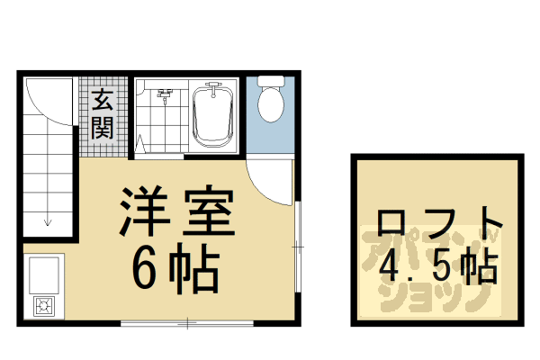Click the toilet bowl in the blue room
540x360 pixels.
[x=271, y=103]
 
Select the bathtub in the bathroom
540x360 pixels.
[x=214, y=115]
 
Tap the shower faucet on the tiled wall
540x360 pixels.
[x=165, y=93]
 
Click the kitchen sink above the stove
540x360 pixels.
[x=44, y=272]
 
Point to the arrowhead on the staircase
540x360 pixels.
[x=48, y=221]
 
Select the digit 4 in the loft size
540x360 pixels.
[x=390, y=267]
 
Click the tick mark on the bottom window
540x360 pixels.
[x=186, y=322]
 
